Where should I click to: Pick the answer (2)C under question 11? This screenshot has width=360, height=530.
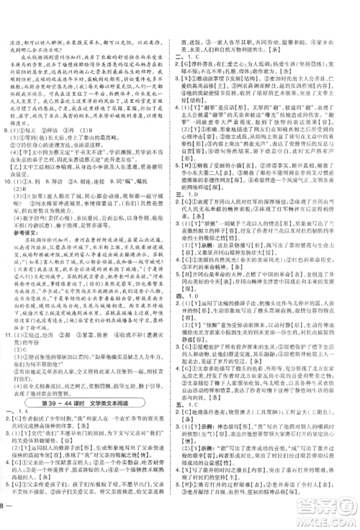coord(21,351)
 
